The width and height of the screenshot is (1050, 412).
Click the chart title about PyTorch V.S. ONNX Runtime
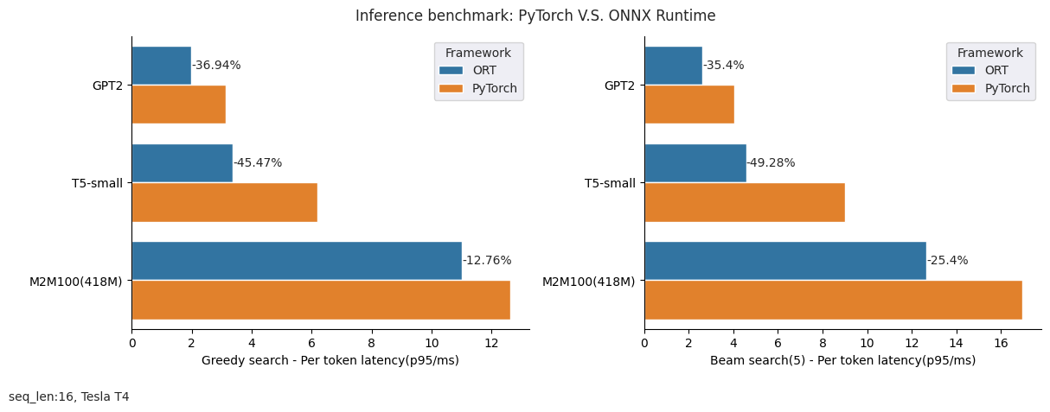pos(535,16)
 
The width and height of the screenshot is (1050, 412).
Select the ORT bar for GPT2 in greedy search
pos(162,66)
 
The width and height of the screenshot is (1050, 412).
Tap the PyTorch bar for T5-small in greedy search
pos(225,202)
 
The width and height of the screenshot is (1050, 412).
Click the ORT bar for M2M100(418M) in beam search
pos(784,260)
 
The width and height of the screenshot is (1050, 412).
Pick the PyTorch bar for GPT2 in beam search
pos(689,105)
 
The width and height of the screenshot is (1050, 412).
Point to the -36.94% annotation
pos(216,66)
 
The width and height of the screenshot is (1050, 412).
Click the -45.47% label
pos(258,163)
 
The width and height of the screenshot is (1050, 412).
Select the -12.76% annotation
pos(487,260)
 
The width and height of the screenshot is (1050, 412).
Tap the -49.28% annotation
pos(771,163)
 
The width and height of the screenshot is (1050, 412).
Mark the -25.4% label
pos(948,260)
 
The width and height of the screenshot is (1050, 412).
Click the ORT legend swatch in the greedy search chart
pos(451,71)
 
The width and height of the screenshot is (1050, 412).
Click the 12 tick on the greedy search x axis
pos(491,342)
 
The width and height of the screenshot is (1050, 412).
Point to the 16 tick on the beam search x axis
pos(1001,342)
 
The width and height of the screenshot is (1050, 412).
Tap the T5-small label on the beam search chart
pos(610,183)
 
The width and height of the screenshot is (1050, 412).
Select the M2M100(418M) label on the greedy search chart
pos(76,281)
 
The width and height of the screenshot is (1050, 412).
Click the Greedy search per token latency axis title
pos(330,360)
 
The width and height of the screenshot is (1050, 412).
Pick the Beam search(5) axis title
pos(842,360)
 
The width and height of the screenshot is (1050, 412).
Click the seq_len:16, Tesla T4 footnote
pos(69,396)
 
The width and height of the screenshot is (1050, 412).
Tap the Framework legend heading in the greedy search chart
pos(478,53)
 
